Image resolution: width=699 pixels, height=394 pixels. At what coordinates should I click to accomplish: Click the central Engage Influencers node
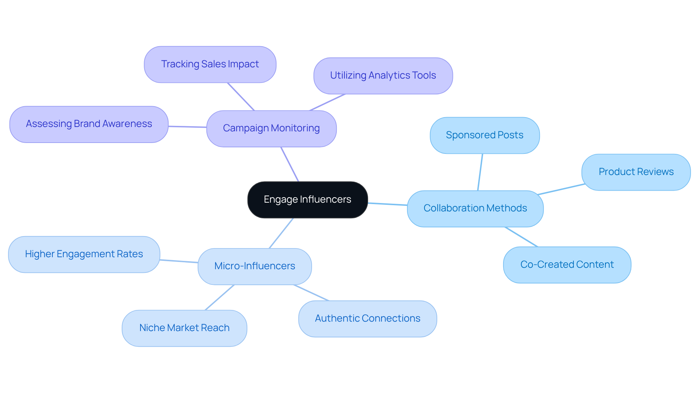click(307, 200)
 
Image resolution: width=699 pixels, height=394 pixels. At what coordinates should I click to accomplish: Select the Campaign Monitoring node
click(271, 128)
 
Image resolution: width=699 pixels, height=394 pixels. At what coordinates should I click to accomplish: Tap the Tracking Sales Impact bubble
click(210, 64)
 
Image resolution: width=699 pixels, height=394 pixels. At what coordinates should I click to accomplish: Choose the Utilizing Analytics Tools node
click(383, 76)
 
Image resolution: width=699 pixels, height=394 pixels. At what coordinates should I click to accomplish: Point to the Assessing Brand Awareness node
click(89, 124)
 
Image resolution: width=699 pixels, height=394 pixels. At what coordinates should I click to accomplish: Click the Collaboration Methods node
click(475, 208)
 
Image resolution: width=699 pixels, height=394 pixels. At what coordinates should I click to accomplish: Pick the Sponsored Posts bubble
click(485, 135)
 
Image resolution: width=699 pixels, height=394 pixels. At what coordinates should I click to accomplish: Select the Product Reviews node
click(636, 172)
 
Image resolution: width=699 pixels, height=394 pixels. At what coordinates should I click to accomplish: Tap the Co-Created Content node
click(567, 265)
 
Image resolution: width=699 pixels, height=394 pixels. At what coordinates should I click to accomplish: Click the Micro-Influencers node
click(254, 266)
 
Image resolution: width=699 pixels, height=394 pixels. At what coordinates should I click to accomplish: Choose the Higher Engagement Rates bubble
click(84, 254)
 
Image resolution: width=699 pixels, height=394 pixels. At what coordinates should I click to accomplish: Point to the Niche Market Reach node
click(184, 328)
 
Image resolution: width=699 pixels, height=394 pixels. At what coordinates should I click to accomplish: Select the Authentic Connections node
click(367, 319)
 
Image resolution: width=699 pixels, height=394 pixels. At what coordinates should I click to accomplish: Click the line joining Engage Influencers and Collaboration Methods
click(387, 204)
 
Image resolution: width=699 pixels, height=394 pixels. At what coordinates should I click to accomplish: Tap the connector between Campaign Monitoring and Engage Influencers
click(290, 164)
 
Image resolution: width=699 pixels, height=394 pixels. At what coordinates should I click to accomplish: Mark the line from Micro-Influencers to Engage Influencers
click(281, 233)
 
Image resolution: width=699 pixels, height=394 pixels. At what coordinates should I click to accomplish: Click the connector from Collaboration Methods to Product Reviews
click(561, 189)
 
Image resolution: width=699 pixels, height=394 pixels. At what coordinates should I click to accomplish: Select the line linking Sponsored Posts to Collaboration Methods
click(480, 172)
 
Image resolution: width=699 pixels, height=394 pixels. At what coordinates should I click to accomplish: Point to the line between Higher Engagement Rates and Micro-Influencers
click(179, 261)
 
